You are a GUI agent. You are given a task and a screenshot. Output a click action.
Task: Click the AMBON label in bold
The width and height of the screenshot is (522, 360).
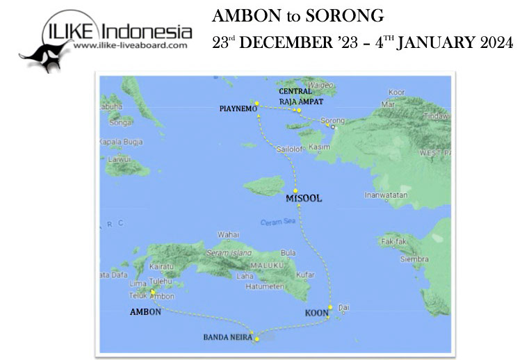click(x=145, y=311)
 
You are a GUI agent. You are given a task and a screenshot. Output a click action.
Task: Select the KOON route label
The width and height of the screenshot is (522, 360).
click(x=316, y=313)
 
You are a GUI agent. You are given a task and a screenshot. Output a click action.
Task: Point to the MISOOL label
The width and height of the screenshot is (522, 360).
click(x=304, y=198)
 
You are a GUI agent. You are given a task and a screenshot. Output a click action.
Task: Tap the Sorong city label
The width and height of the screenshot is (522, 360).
click(x=332, y=120)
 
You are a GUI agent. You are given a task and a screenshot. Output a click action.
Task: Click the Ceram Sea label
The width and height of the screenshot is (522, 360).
click(x=275, y=222)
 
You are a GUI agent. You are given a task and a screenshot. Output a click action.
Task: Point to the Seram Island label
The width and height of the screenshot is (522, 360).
click(x=227, y=253)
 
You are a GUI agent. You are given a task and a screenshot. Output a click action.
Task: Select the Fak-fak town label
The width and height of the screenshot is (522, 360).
click(x=392, y=242)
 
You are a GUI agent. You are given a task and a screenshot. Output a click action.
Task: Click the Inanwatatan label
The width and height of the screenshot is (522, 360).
click(x=386, y=195)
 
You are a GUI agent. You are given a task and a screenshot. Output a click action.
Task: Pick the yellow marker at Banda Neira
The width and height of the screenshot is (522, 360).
click(x=257, y=338)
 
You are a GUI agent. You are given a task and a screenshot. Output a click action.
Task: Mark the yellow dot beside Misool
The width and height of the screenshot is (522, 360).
click(x=295, y=190)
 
